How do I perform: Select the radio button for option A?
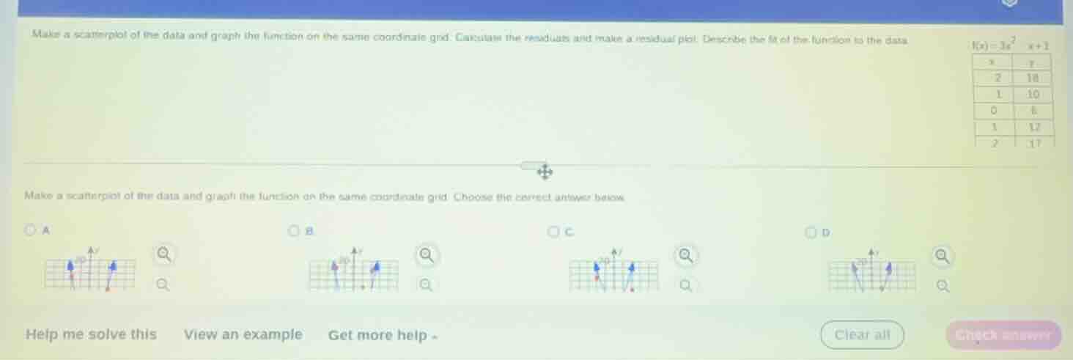[30, 230]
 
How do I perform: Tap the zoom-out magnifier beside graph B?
[425, 284]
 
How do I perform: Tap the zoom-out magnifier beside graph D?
[943, 286]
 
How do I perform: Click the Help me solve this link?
[91, 334]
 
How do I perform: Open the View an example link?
[243, 334]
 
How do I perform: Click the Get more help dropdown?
[384, 336]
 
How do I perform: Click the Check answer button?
[1003, 335]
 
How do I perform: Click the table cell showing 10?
[1034, 93]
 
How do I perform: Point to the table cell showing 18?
[1034, 78]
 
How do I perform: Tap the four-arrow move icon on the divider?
[545, 172]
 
